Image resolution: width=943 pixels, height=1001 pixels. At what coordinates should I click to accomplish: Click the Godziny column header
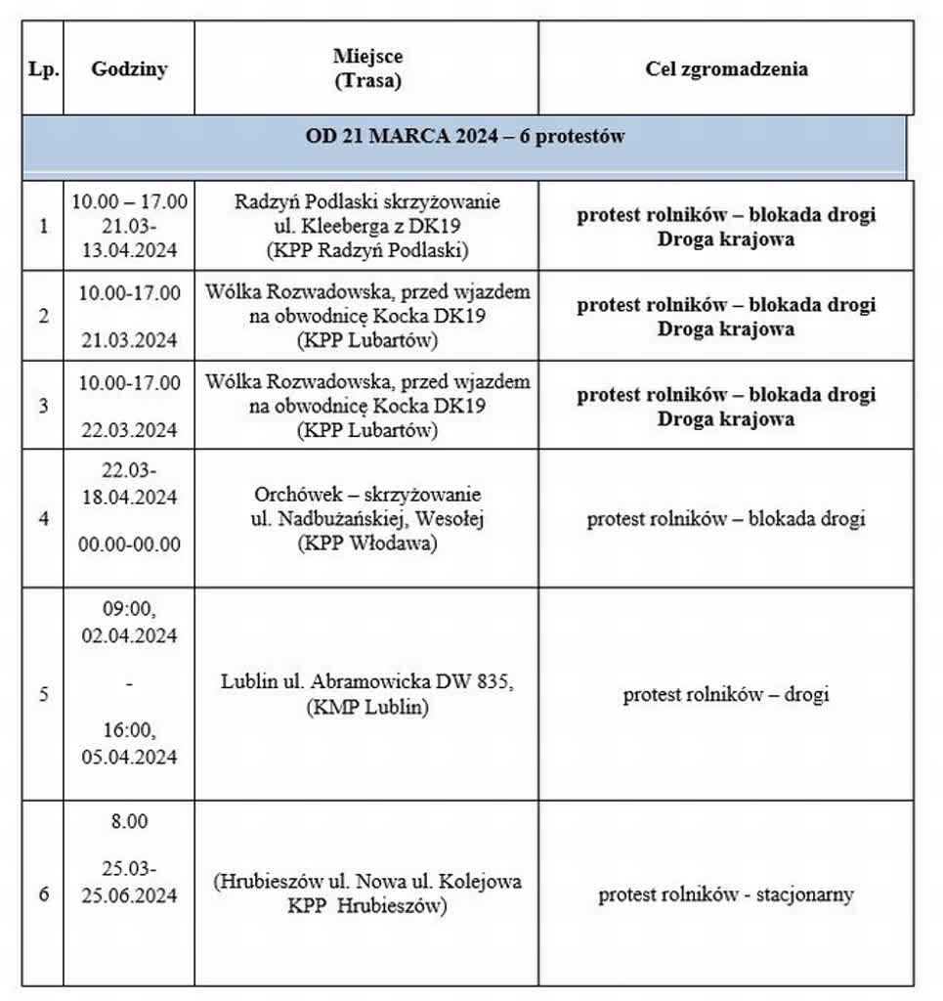click(129, 69)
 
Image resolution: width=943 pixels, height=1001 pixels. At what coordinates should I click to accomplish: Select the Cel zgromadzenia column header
click(726, 69)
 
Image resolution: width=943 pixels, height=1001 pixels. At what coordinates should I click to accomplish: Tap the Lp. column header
click(43, 69)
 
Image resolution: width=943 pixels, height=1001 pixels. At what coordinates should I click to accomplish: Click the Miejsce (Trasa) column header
click(366, 69)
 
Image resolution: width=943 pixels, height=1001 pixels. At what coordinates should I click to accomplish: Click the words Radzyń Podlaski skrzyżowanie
click(367, 202)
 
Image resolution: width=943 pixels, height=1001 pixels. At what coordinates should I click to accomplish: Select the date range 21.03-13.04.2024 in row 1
click(129, 238)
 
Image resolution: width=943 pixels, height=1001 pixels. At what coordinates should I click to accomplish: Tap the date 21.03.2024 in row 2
click(129, 340)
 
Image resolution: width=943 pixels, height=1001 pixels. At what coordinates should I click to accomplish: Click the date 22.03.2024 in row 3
click(129, 430)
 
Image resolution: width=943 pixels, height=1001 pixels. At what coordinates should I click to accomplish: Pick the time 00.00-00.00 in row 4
click(129, 544)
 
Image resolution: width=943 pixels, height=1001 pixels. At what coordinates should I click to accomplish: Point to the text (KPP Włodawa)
click(367, 544)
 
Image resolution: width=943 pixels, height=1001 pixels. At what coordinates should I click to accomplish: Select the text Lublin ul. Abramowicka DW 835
click(366, 682)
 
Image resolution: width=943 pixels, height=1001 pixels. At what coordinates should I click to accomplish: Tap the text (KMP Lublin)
click(366, 706)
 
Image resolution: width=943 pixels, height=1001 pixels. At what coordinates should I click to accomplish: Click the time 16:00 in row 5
click(129, 730)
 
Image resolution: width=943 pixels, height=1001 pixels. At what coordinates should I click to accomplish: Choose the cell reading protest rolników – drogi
click(726, 695)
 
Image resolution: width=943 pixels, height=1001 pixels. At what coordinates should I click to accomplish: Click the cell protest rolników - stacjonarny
click(726, 894)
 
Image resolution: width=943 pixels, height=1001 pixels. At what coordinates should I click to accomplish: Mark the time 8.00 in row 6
click(129, 822)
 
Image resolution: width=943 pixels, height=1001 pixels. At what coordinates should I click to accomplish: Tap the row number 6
click(43, 894)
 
